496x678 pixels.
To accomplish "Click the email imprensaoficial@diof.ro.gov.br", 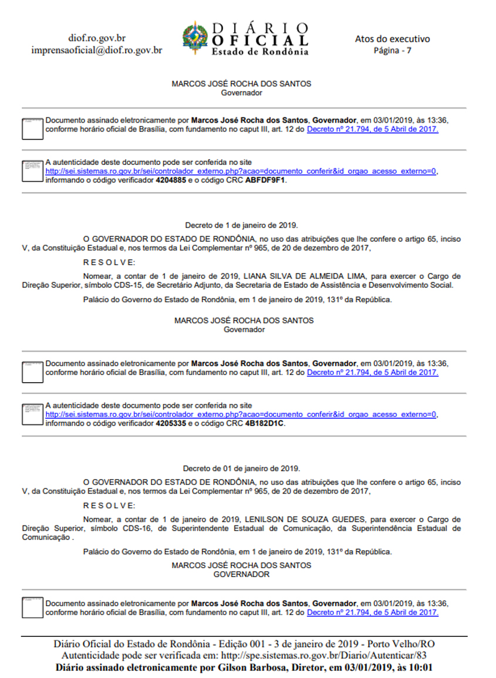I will click(97, 50).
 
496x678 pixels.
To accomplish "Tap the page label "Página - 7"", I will click(392, 50).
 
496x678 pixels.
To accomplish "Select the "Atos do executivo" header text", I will click(392, 39).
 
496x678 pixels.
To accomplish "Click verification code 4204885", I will click(170, 181).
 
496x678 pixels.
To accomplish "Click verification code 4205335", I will click(170, 423).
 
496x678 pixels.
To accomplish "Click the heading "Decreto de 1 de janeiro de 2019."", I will click(242, 225).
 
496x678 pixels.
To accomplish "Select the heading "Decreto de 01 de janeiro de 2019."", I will click(242, 468).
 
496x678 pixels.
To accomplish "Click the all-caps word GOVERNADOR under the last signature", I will click(241, 575).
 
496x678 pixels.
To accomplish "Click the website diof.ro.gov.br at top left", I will click(97, 38).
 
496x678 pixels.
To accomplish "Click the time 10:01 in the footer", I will click(423, 667).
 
